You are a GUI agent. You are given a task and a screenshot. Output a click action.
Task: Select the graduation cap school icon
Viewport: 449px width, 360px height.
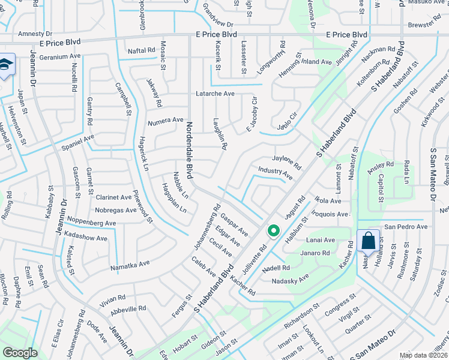pos(5,64)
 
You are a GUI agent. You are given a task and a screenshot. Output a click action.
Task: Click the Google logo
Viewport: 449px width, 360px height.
pos(20,353)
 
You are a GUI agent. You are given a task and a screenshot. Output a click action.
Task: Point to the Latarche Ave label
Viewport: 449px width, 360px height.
pos(215,94)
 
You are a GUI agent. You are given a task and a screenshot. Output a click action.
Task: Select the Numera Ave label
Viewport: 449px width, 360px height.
pos(165,120)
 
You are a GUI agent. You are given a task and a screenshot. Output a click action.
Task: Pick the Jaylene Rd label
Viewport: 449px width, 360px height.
pos(286,161)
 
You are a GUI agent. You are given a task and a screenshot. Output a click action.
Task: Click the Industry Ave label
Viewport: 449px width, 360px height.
pos(276,173)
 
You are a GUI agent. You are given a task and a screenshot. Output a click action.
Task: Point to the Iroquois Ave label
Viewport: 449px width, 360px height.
pos(330,214)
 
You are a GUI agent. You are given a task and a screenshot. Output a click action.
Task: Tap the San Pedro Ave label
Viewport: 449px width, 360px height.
pos(406,227)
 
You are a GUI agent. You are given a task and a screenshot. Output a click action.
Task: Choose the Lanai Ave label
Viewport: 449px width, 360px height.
pos(321,240)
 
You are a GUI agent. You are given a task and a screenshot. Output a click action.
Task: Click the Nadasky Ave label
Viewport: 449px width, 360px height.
pos(290,279)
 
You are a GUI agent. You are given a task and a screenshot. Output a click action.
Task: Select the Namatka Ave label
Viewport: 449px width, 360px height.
pos(130,264)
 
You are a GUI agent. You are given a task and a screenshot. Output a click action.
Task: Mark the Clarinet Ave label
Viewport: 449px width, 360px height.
pos(113,197)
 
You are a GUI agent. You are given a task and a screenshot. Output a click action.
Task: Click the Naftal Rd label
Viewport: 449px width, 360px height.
pos(142,51)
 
